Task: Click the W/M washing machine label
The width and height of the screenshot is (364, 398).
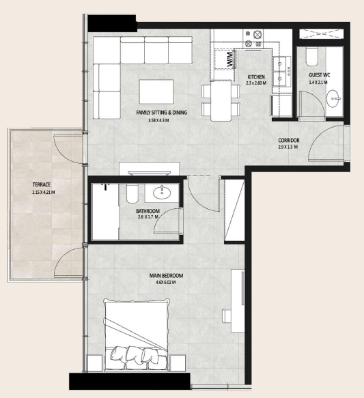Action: pos(230,59)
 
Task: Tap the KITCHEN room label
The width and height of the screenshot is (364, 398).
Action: pos(256,77)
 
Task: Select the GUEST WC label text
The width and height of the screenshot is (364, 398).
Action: pos(320,75)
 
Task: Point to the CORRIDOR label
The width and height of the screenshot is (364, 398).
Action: pos(289,140)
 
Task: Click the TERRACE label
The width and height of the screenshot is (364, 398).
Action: pos(42,184)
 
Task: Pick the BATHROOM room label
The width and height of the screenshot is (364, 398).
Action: pos(148,211)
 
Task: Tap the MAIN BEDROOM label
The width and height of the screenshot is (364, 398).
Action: pos(166,276)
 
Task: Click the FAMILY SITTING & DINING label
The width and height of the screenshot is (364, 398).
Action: pos(162,113)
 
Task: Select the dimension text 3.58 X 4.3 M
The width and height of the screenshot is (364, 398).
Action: pos(158,121)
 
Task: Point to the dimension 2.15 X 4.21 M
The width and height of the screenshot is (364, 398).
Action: pos(44,193)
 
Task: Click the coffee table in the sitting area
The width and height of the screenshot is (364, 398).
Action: pos(156,91)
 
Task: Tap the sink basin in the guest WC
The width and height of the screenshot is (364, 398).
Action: pos(333,98)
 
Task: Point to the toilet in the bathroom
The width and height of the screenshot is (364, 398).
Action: pos(132,193)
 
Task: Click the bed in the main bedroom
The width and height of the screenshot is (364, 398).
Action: pos(137,335)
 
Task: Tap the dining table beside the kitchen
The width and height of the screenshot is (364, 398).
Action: pos(221,101)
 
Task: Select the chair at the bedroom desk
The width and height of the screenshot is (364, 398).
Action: pos(227,316)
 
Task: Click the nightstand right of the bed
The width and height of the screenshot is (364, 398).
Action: pos(178,363)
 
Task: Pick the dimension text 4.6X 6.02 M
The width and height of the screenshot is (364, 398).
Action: pos(166,283)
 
